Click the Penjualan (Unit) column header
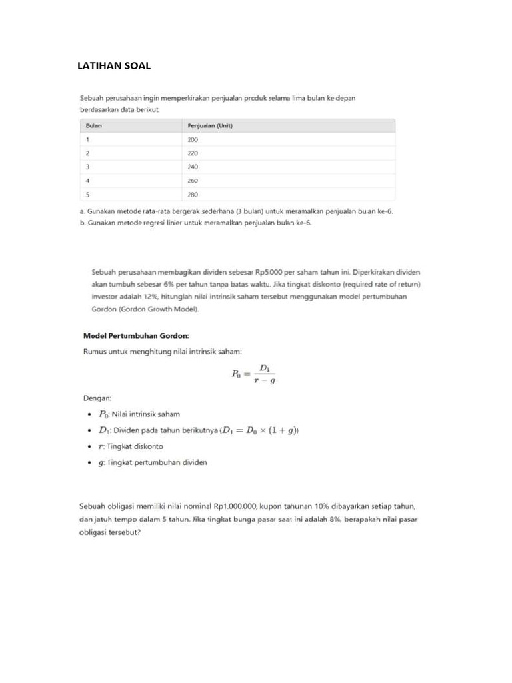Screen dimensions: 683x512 (209, 125)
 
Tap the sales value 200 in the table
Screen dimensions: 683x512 (193, 139)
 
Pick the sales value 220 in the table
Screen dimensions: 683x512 (193, 153)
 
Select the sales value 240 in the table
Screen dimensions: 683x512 (193, 167)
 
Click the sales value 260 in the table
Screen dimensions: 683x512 (193, 181)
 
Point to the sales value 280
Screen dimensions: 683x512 (193, 194)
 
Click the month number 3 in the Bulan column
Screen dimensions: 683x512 (87, 167)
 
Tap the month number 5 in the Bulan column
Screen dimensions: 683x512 (87, 194)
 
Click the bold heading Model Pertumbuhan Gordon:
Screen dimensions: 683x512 (136, 335)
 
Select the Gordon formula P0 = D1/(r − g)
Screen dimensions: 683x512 (253, 374)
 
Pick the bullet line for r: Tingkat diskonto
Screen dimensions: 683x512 (131, 446)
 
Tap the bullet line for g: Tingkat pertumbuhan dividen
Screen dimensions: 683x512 (153, 462)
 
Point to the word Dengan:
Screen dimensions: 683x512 (97, 398)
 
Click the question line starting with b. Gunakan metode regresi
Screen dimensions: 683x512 (195, 223)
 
